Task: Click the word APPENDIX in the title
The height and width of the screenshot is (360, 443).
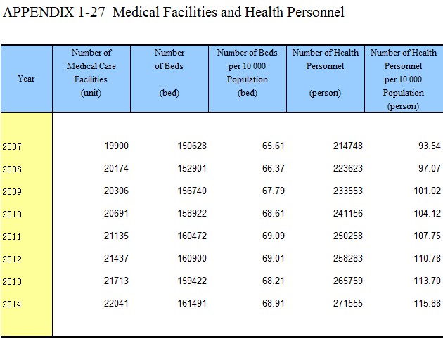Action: click(x=38, y=13)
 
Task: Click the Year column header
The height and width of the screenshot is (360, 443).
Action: click(x=26, y=79)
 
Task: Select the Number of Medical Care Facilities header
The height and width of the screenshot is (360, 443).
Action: click(x=91, y=72)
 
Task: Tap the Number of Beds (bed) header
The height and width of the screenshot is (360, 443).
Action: click(x=169, y=72)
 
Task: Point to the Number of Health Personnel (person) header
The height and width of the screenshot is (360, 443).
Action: click(x=325, y=72)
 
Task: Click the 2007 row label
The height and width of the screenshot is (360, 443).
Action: click(x=12, y=147)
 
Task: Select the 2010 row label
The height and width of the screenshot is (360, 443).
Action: click(x=12, y=214)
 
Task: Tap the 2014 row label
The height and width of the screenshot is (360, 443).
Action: click(x=12, y=304)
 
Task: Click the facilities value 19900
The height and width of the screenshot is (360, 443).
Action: click(x=117, y=146)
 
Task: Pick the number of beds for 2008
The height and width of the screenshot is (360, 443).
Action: click(x=192, y=169)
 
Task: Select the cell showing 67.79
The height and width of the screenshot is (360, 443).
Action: click(x=274, y=191)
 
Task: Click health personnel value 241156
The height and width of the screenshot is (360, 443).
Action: click(x=348, y=213)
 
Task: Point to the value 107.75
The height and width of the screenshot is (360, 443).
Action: click(x=428, y=236)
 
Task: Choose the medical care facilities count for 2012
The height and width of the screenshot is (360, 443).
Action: click(x=116, y=258)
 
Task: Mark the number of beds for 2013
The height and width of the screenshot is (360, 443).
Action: click(x=192, y=281)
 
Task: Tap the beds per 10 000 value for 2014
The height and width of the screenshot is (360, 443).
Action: click(x=274, y=303)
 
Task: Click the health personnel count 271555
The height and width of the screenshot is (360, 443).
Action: click(x=348, y=303)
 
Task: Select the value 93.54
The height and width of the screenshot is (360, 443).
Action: click(x=430, y=146)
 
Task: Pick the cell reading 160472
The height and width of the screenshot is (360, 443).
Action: click(x=192, y=236)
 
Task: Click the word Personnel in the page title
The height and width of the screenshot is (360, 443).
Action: click(x=316, y=13)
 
